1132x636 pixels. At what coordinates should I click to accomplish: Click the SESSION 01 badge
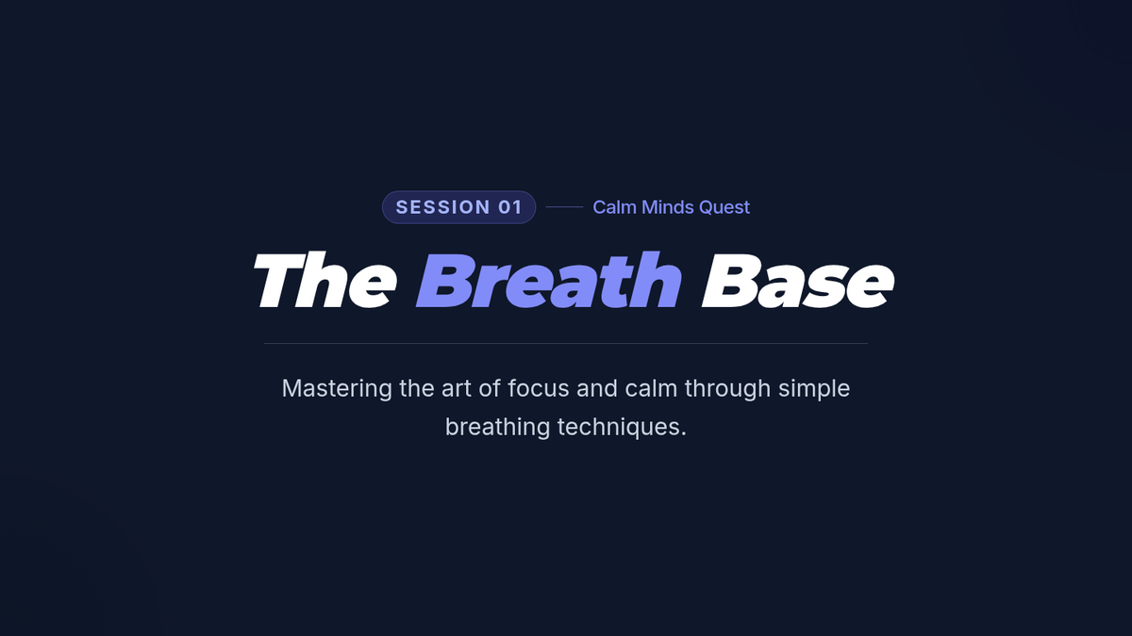(x=458, y=207)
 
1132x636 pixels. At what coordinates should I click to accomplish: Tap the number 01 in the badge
(x=510, y=207)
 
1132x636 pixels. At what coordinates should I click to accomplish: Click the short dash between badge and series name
(x=564, y=207)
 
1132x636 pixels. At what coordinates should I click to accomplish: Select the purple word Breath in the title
(x=549, y=280)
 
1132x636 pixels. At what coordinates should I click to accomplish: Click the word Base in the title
(x=798, y=281)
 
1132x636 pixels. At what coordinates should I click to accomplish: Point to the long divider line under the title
(x=566, y=343)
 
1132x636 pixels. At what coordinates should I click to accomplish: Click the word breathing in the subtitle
(x=497, y=428)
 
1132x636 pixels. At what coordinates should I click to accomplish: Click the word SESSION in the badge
(x=442, y=207)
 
